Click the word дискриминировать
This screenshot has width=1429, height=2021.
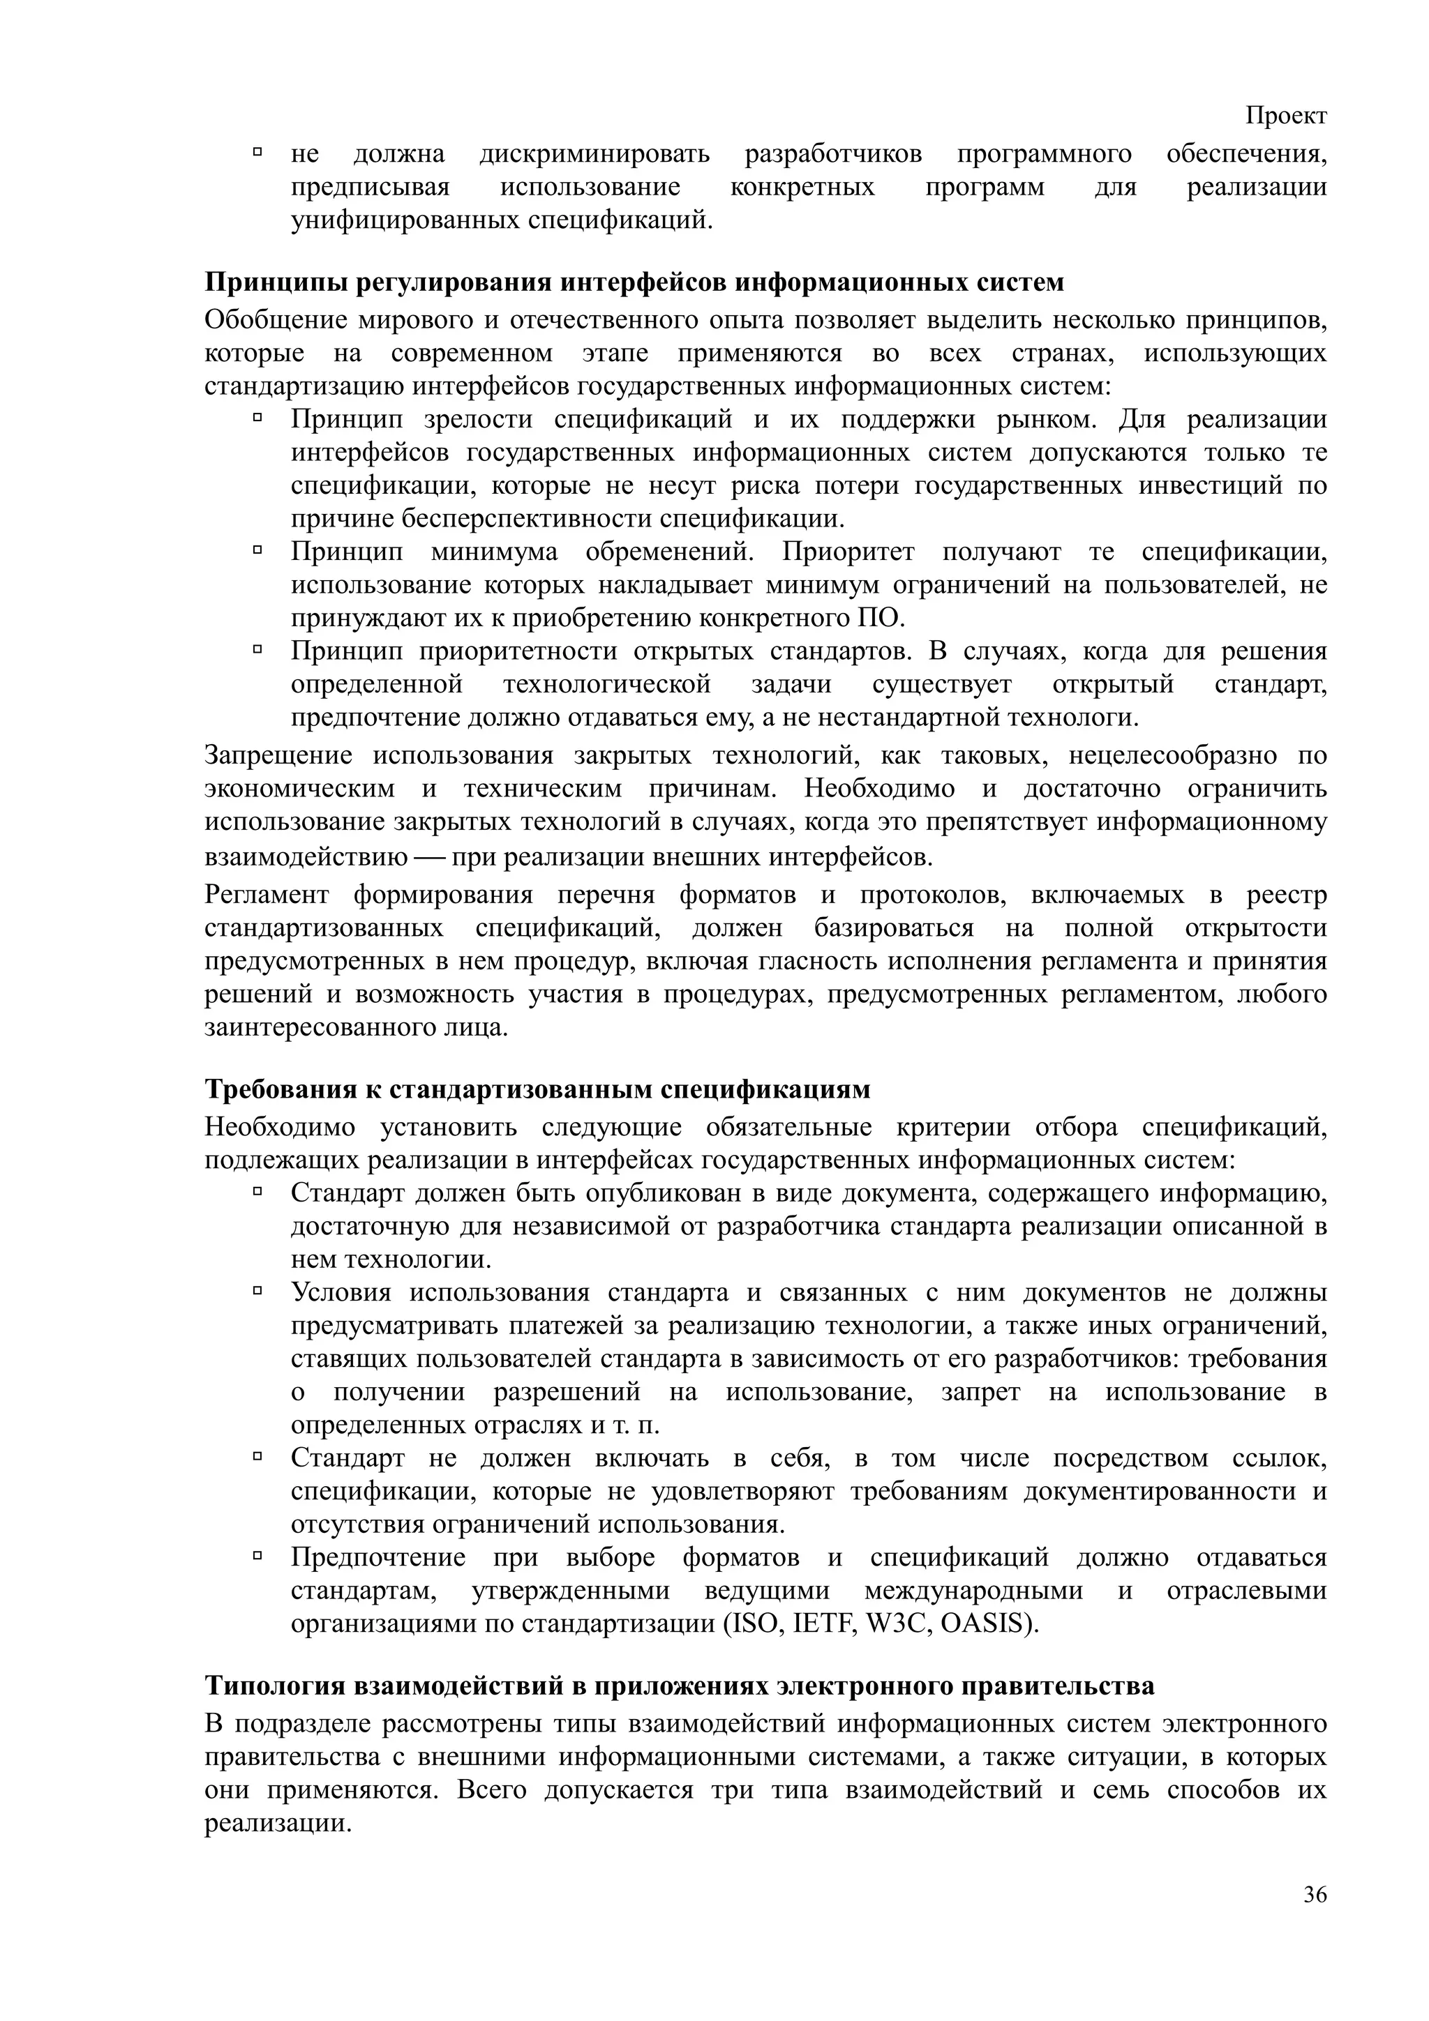pyautogui.click(x=594, y=155)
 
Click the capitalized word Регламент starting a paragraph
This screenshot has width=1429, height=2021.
pyautogui.click(x=267, y=895)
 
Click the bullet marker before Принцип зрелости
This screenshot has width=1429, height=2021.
pyautogui.click(x=258, y=418)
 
